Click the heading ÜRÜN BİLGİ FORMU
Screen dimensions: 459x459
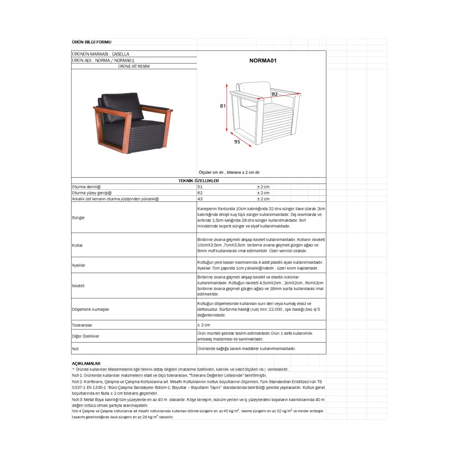[92, 42]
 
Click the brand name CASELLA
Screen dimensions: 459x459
[120, 54]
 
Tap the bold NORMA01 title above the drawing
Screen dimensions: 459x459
[263, 61]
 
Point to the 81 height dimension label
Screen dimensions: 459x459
[223, 106]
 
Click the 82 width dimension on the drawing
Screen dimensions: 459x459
[275, 94]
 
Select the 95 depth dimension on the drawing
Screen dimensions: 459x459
[237, 142]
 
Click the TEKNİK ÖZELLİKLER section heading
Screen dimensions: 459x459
[199, 181]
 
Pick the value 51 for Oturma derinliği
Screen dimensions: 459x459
[200, 187]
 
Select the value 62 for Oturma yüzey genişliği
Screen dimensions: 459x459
[200, 193]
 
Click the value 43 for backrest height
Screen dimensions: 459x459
[200, 199]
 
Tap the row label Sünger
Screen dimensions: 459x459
[78, 218]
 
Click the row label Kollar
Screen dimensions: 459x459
[77, 245]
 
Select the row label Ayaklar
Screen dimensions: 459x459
[79, 265]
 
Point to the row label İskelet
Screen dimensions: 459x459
[78, 286]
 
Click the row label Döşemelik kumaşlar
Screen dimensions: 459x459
[91, 309]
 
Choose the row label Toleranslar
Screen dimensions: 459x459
[82, 325]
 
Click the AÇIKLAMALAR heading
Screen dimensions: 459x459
[86, 363]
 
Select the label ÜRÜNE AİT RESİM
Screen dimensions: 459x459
[134, 66]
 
